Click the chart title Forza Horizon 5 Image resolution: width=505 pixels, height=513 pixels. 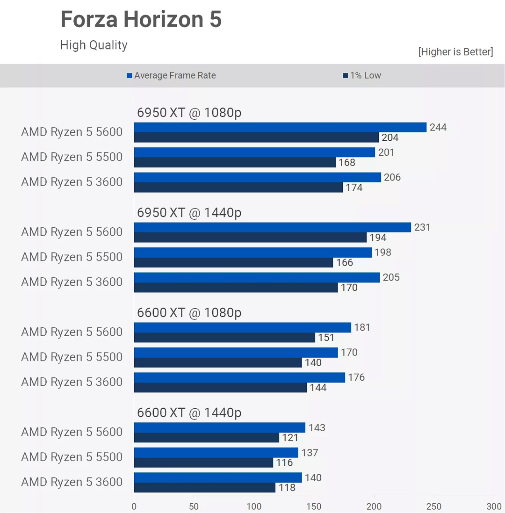141,20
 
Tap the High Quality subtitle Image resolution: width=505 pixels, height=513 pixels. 94,45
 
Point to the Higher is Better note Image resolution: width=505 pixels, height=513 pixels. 455,51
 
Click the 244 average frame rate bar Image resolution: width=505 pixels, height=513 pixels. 280,127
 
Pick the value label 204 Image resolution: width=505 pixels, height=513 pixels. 390,137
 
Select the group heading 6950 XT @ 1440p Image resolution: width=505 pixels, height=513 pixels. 189,213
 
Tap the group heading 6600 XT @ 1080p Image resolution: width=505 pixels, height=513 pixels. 189,313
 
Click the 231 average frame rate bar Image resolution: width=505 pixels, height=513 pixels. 272,227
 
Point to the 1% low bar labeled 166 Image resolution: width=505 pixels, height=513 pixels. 233,262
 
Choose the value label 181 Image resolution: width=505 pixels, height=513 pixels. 362,327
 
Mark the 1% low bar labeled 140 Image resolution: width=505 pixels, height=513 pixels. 218,362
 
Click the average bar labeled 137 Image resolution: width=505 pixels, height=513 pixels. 216,452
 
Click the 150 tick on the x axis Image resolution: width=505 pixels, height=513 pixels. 314,506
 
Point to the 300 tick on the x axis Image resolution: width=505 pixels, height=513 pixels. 494,506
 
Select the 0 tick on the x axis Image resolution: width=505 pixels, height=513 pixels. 134,506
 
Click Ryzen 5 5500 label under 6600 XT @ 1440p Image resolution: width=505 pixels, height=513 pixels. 72,457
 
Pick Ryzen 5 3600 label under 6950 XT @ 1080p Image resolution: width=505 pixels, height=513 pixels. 72,182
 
